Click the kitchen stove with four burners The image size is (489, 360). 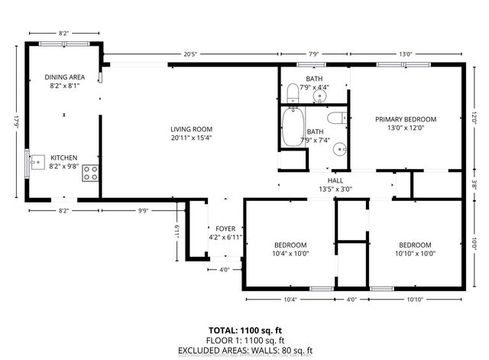tap(90, 173)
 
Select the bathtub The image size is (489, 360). tap(293, 128)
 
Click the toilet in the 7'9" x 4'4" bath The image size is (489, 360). tap(293, 93)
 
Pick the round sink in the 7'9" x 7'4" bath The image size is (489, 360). tap(338, 150)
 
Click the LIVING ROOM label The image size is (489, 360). tap(191, 129)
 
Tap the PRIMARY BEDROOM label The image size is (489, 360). tap(405, 119)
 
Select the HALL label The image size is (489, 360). tap(335, 181)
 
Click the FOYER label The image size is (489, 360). tap(225, 228)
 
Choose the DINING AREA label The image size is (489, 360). tap(64, 77)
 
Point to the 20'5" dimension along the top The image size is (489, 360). tap(191, 54)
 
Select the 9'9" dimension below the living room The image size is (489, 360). tap(143, 211)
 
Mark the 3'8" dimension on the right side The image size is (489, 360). tap(474, 184)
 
